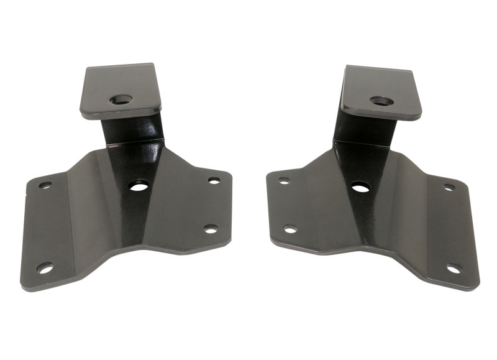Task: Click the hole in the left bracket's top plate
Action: coord(121,99)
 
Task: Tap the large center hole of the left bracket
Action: coord(139,185)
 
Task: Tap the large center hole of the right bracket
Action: coord(360,186)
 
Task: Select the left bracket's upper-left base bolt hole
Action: coord(45,185)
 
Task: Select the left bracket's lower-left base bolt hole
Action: coord(45,268)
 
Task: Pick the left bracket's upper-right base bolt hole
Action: coord(214,180)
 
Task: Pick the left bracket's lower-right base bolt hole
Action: coord(211,229)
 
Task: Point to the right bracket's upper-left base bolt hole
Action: coord(284,181)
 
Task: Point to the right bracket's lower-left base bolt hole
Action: coord(290,229)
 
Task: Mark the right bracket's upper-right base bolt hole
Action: coord(449,187)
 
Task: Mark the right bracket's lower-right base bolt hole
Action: coord(454,269)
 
